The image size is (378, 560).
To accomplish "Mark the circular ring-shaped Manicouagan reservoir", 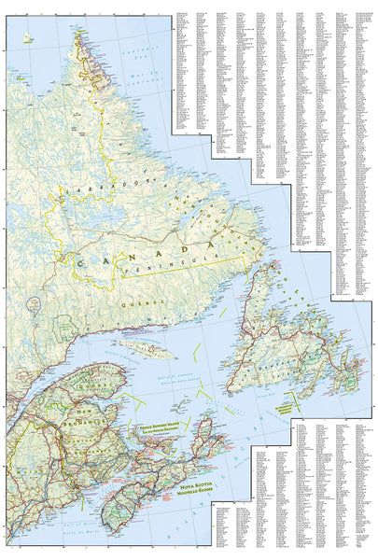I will (x=35, y=302).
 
